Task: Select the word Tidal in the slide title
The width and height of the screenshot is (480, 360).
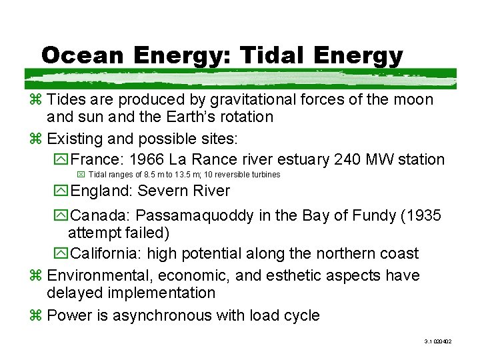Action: [x=279, y=55]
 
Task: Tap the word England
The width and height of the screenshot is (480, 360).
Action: [x=101, y=191]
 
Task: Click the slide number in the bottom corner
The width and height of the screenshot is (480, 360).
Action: [x=438, y=341]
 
